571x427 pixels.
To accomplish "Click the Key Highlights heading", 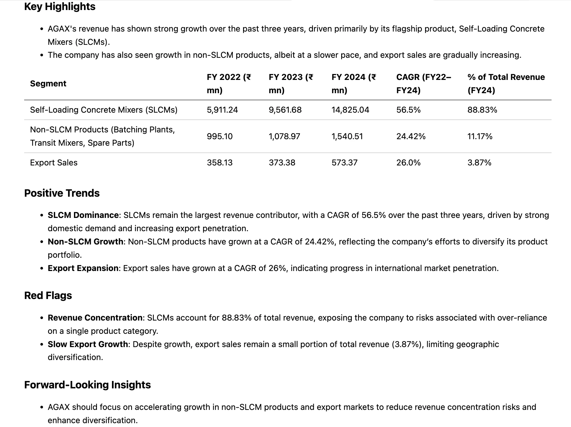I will click(x=60, y=6).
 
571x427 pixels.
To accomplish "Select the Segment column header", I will click(x=48, y=83).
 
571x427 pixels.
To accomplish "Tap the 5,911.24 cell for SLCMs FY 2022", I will click(x=222, y=110).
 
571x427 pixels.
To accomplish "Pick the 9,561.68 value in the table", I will click(x=285, y=110).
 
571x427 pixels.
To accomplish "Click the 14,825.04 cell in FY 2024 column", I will click(x=350, y=110).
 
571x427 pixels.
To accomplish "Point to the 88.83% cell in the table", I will click(x=482, y=110).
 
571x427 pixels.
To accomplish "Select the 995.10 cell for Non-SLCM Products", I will click(x=220, y=136).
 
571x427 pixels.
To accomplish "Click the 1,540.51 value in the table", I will click(x=347, y=136).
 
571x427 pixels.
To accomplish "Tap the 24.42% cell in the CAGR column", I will click(x=411, y=136).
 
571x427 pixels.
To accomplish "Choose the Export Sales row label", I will click(x=54, y=162).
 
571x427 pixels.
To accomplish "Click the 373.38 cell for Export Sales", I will click(x=282, y=162).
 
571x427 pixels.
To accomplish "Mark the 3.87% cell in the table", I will click(x=479, y=162).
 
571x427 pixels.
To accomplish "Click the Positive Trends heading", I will click(x=62, y=193).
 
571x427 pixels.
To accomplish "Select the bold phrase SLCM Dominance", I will click(x=83, y=215).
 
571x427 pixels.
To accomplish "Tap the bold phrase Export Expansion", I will click(x=83, y=268).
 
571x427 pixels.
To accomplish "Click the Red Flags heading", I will click(x=48, y=295).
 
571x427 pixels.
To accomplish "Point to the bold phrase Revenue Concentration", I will click(x=95, y=318).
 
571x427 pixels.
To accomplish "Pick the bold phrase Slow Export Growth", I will click(x=88, y=344).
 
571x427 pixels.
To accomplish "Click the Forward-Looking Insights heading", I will click(x=88, y=385).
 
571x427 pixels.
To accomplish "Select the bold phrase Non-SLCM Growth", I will click(x=85, y=242).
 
